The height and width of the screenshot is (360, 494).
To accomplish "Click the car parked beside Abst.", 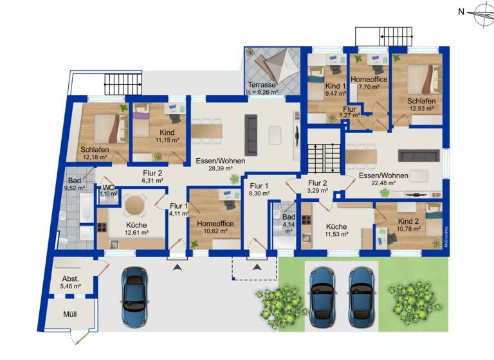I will click(134, 292).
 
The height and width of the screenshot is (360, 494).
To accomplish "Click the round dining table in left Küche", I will click(135, 205).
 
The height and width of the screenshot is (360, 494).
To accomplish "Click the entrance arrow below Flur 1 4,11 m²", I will click(177, 265).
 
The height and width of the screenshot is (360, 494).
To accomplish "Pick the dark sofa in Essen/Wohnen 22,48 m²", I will click(415, 156).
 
